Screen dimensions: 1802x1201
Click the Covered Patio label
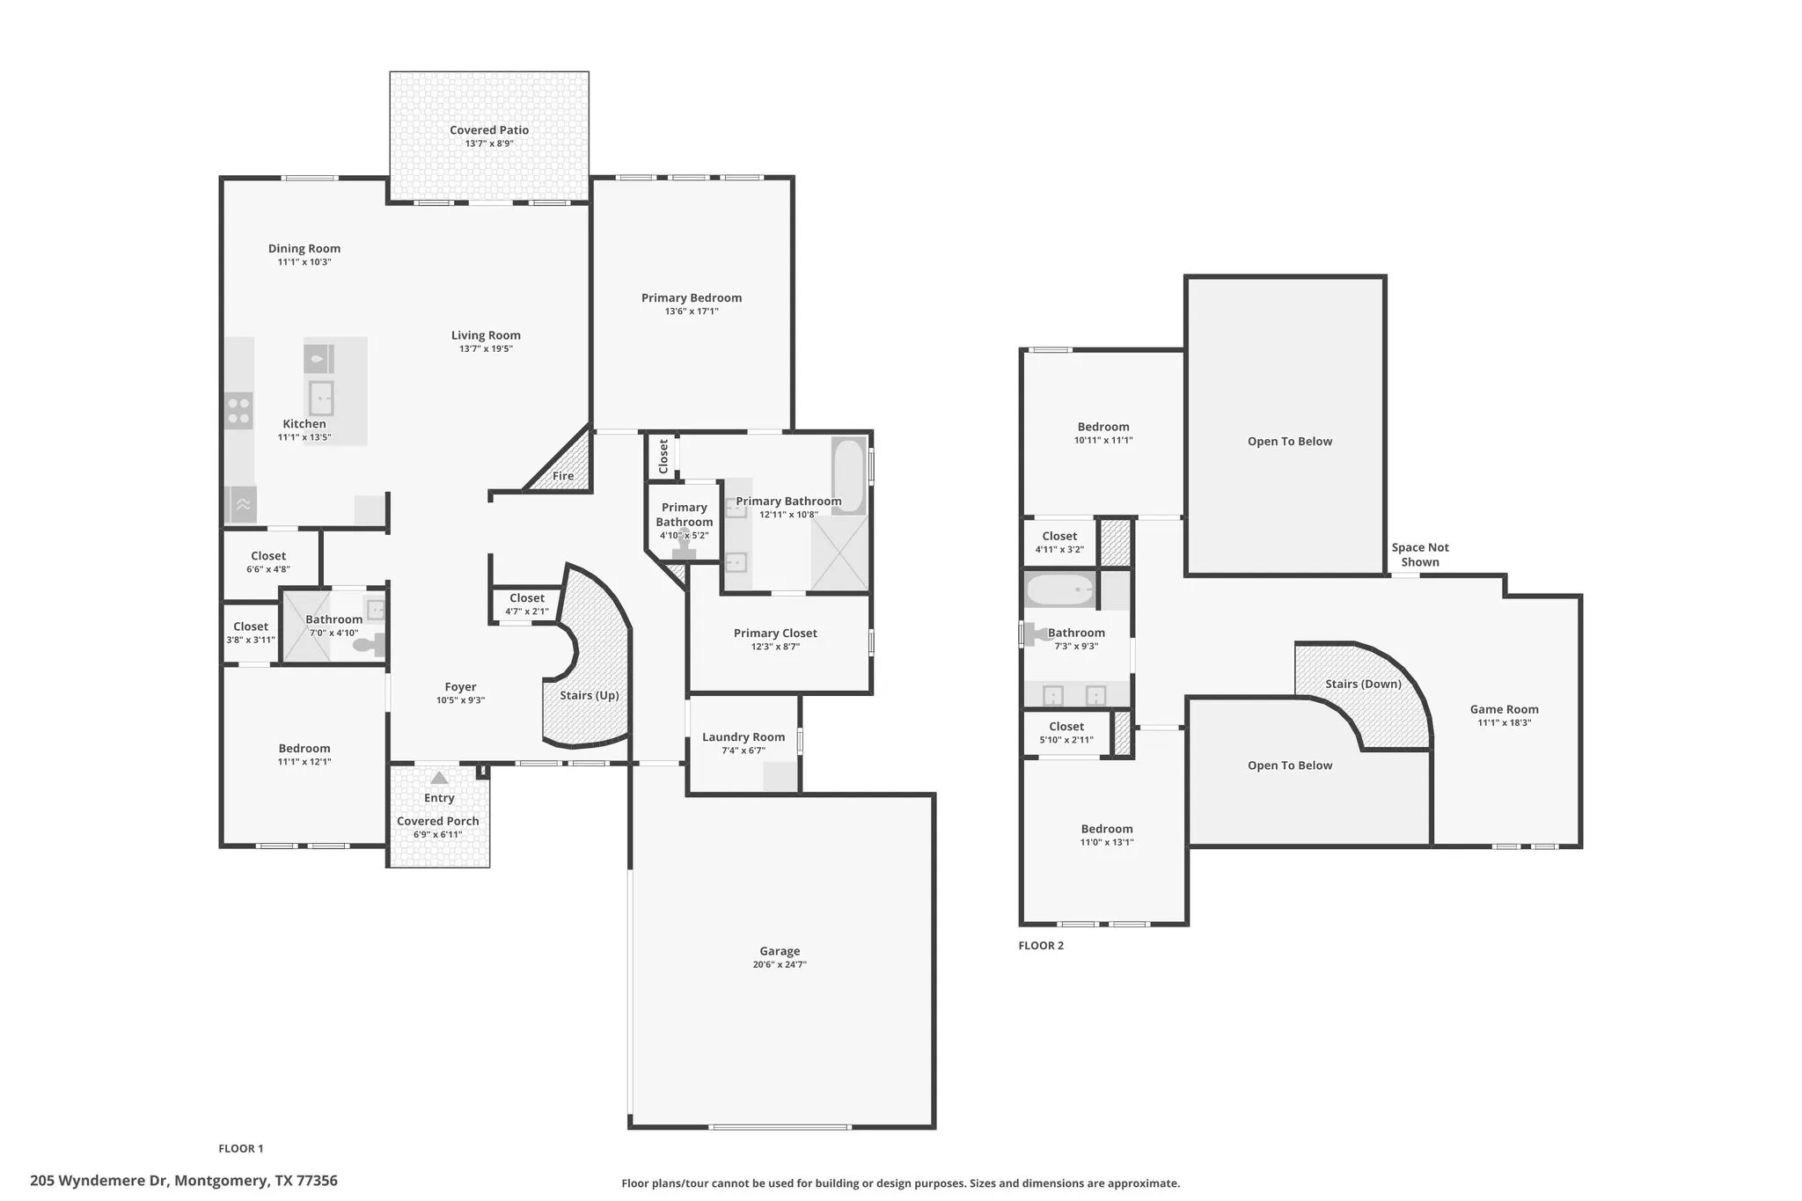coord(489,130)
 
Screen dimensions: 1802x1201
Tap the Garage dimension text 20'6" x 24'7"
coord(780,964)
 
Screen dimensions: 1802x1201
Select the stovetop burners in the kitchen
coord(238,411)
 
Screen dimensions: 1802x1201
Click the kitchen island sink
coord(320,399)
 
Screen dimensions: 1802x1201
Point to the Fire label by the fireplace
coord(563,476)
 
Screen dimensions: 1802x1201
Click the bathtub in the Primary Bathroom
coord(849,475)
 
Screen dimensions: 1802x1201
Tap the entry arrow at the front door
coord(439,778)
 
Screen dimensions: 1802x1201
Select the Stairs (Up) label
coord(590,695)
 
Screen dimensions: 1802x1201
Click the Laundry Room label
coord(744,737)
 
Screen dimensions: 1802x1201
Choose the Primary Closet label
coord(775,633)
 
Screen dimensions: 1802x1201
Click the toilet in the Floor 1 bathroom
coord(369,645)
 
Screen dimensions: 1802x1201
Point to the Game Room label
coord(1505,709)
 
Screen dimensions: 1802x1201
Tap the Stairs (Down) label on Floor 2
coord(1364,684)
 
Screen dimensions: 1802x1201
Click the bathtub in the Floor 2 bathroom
coord(1061,590)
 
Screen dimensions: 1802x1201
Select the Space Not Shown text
coord(1420,554)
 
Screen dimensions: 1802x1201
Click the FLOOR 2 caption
coord(1041,946)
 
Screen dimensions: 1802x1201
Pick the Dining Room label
coord(304,249)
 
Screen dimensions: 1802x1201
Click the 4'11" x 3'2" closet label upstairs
coord(1059,550)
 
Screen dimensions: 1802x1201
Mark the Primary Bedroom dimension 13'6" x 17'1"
coord(692,311)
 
